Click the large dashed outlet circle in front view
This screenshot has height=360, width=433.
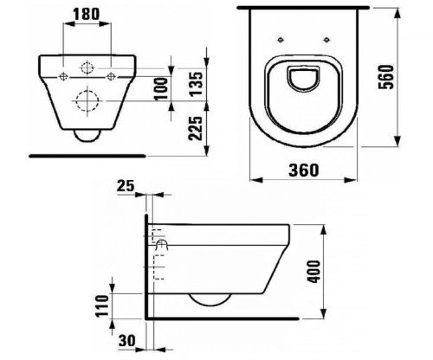[x=87, y=99]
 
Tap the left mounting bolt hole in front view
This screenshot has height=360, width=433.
[x=65, y=76]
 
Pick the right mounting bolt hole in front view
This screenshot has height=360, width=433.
[x=109, y=76]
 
